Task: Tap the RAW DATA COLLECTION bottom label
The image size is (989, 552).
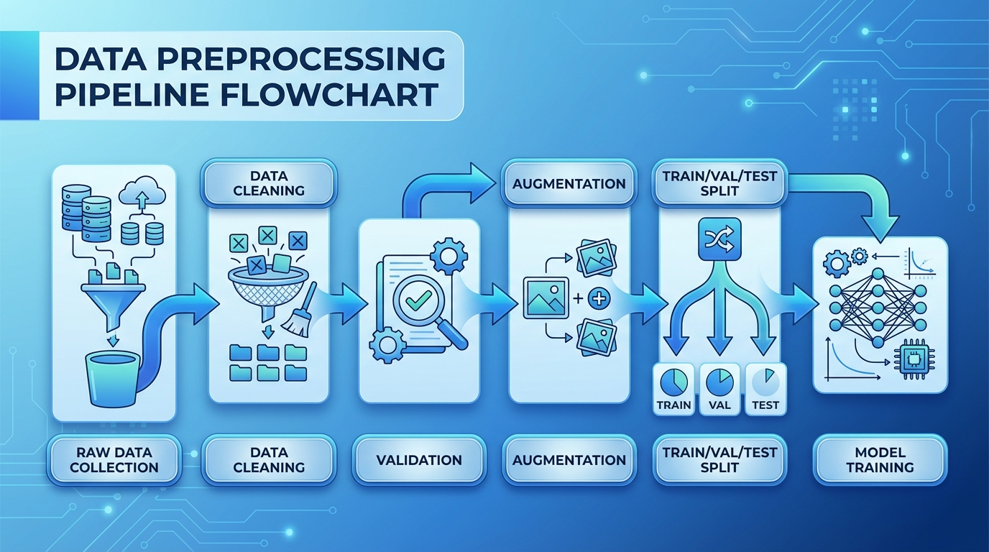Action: coord(114,459)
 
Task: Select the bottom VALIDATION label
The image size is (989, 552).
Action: coord(419,459)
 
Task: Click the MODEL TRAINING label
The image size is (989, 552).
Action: coord(880,459)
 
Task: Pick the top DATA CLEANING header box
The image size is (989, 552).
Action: coord(269,183)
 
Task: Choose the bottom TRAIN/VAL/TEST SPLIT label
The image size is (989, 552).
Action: coord(719,459)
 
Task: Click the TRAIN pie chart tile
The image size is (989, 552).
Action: coord(673,389)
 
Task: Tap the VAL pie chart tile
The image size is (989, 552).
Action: coord(719,389)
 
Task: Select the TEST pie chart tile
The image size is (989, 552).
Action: coord(765,389)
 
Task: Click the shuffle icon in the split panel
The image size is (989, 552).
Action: coord(719,239)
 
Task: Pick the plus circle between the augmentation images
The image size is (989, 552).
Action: coord(598,298)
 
